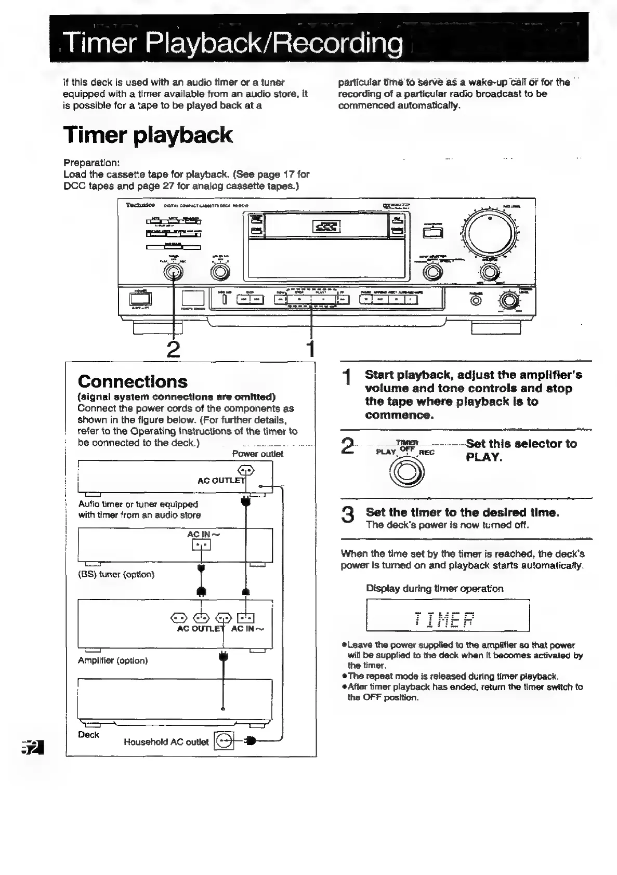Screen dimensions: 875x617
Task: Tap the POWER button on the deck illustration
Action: tap(140, 299)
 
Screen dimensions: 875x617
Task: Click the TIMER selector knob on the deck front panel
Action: tap(173, 271)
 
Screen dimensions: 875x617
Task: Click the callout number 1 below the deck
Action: tap(310, 348)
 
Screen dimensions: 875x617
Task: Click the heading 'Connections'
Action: tap(133, 381)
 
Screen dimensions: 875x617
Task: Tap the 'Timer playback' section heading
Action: tap(148, 135)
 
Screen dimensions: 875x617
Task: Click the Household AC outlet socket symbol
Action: tap(225, 741)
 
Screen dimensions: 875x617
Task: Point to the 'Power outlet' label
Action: tap(257, 454)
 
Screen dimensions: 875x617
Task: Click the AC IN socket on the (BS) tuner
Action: tap(201, 545)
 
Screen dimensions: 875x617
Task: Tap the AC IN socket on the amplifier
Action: tap(246, 617)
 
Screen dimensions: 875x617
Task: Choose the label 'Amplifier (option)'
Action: tap(113, 660)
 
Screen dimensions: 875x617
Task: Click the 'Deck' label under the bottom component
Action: tap(88, 734)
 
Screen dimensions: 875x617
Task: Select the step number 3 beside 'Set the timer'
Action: tap(348, 515)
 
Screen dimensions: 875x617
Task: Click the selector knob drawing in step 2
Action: tap(407, 471)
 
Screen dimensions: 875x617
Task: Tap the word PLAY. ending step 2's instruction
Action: tap(484, 457)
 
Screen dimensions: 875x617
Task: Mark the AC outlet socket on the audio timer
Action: tap(246, 470)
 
